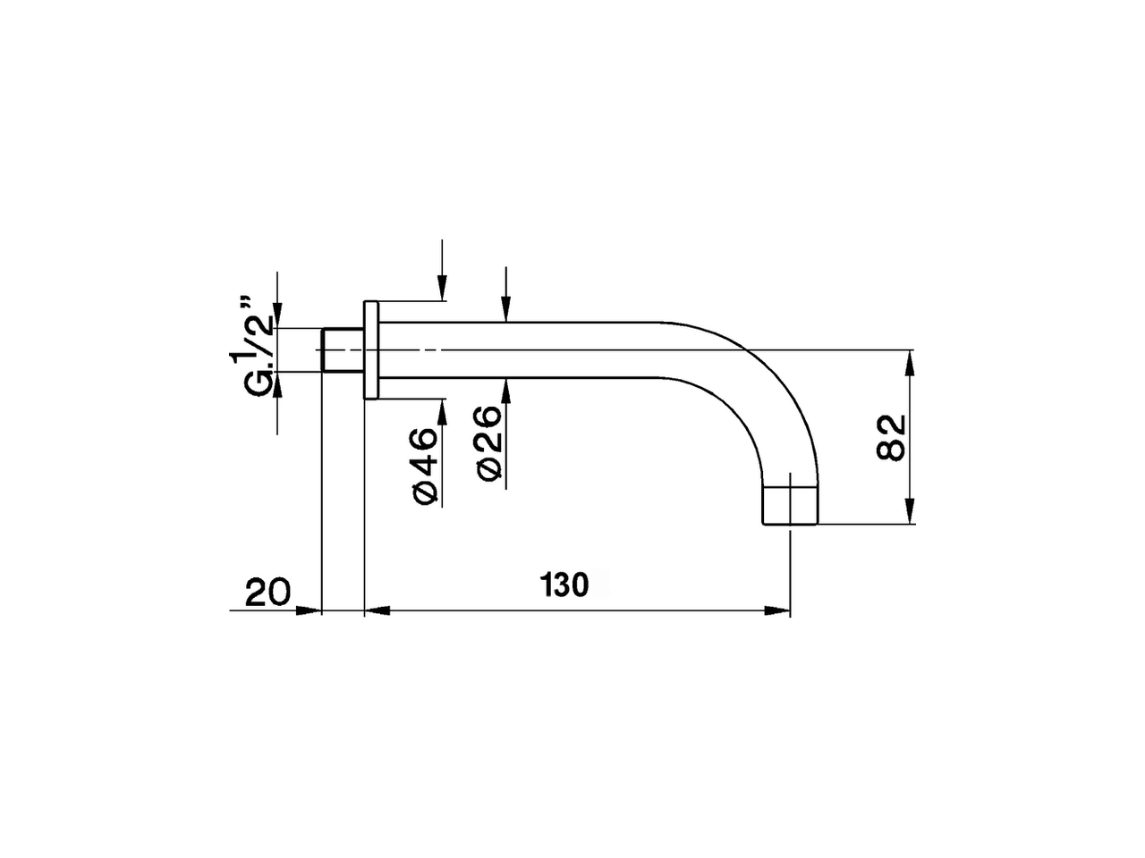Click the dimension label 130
coord(564,585)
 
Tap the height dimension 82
coord(892,437)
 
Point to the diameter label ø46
coord(426,467)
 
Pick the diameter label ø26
coord(489,444)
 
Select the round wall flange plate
coord(371,349)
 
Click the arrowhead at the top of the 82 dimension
coord(910,359)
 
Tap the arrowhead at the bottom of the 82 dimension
coord(910,513)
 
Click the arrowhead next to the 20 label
coord(309,611)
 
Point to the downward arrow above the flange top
coord(442,289)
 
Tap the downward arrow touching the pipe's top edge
coord(505,309)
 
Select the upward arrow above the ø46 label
coord(442,410)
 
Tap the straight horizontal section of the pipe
coord(537,349)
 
